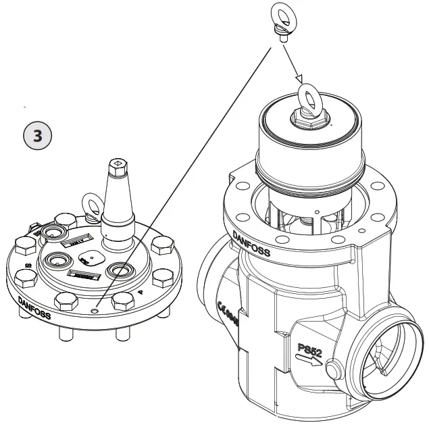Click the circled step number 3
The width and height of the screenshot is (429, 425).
pos(38,135)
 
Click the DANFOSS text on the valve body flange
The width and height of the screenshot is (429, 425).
pos(251,243)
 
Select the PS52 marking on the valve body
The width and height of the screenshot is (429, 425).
pos(312,350)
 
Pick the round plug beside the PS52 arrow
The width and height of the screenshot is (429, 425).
pos(332,370)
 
